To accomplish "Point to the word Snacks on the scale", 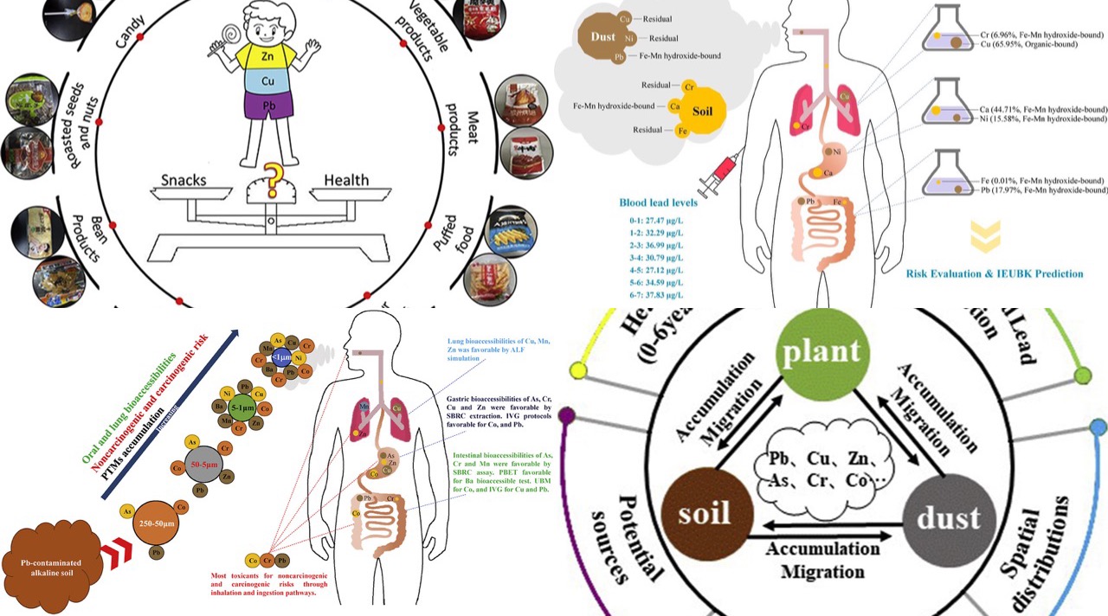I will tap(184, 180).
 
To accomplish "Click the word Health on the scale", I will tap(346, 180).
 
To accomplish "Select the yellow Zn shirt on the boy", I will tap(267, 56).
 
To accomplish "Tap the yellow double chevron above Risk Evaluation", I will tap(986, 236).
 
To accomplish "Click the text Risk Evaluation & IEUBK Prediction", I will tap(994, 273).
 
